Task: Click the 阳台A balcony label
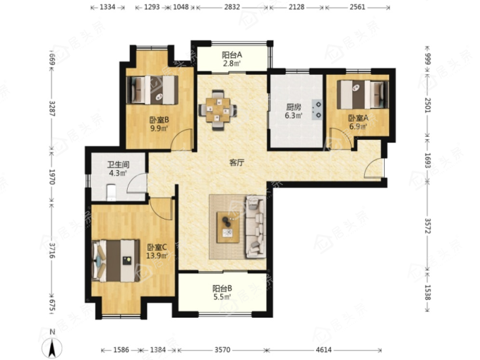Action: point(232,55)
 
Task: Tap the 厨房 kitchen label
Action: point(294,107)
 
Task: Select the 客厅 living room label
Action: point(237,162)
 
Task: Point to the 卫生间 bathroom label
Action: point(118,164)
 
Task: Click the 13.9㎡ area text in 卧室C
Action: point(157,256)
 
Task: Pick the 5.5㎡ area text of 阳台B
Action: point(222,296)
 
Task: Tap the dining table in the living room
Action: point(217,109)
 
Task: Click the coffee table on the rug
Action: point(228,228)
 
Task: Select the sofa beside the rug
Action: point(256,227)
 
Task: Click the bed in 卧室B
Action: point(152,90)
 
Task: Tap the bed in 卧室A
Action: point(363,95)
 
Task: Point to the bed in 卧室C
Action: point(116,260)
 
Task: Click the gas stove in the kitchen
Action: point(318,110)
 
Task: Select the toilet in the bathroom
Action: point(111,193)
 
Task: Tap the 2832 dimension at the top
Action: point(232,7)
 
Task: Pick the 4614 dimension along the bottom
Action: point(324,349)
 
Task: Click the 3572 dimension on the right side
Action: point(428,226)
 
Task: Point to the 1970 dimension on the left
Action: point(52,176)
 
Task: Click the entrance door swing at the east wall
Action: point(374,168)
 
